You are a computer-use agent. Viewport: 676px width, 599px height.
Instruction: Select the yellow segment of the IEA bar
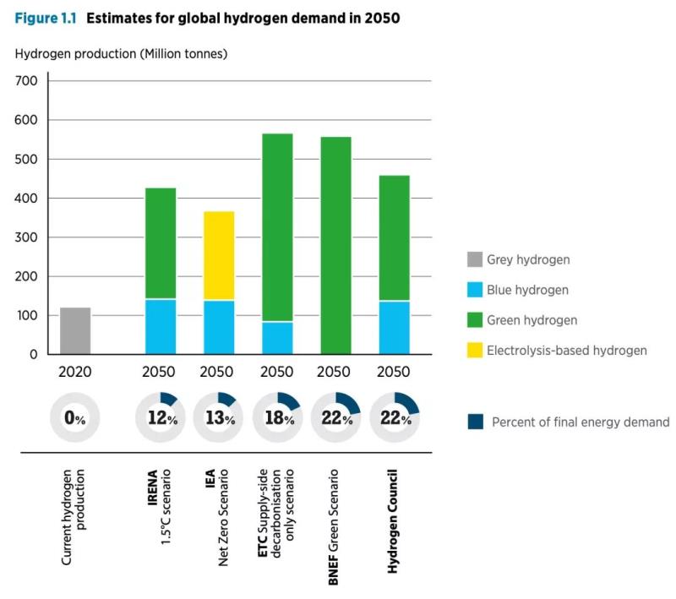pos(219,255)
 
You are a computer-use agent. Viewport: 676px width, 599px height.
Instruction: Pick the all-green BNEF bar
pos(335,245)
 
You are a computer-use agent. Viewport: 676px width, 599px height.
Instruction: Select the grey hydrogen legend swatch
pos(473,260)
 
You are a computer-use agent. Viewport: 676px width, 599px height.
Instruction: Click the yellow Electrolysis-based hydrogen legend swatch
pos(473,350)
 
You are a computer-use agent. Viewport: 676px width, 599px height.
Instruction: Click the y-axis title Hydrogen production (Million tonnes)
pos(121,53)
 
